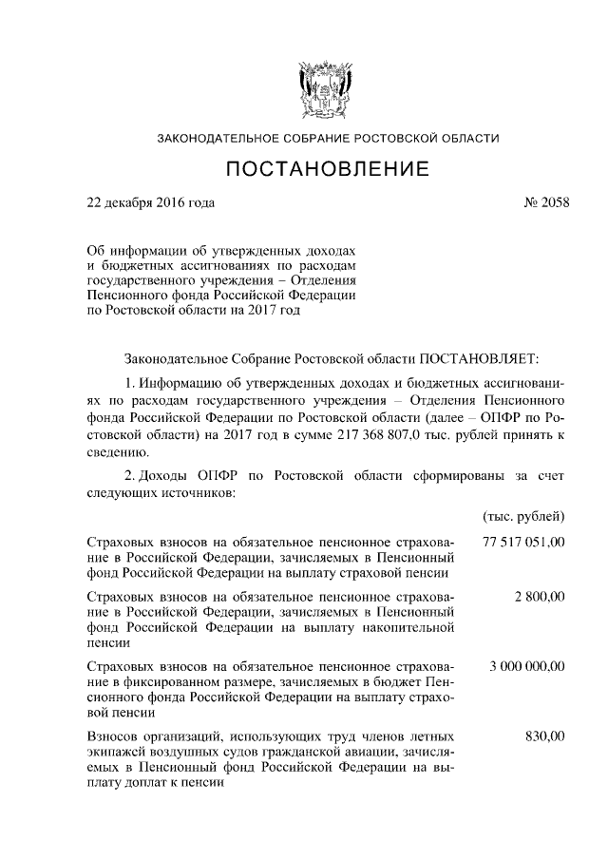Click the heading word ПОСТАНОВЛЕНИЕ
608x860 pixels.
[x=328, y=171]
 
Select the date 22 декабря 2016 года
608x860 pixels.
[x=151, y=202]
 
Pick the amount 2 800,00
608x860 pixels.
[x=540, y=596]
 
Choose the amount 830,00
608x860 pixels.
[x=545, y=736]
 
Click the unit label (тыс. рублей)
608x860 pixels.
[x=524, y=516]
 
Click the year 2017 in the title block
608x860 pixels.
[x=265, y=310]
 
